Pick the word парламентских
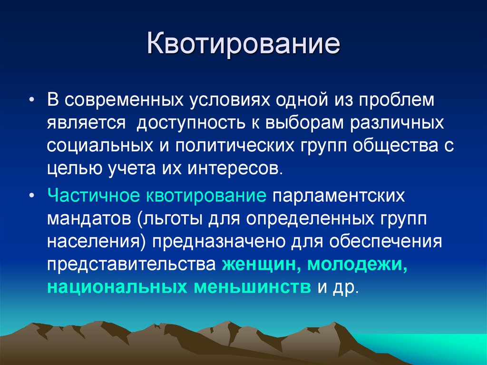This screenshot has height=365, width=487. tap(338, 195)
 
